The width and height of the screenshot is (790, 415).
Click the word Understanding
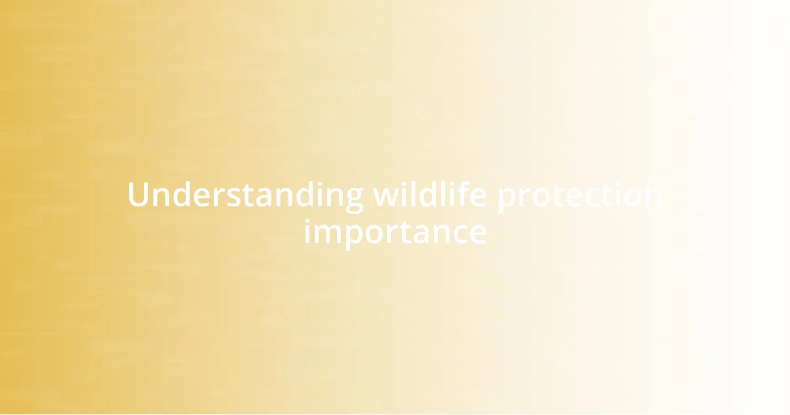[244, 196]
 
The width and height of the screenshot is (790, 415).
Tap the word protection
[579, 196]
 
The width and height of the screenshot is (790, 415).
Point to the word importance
[395, 232]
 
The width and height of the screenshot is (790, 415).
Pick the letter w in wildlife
[386, 197]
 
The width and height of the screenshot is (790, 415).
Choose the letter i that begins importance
[307, 232]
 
